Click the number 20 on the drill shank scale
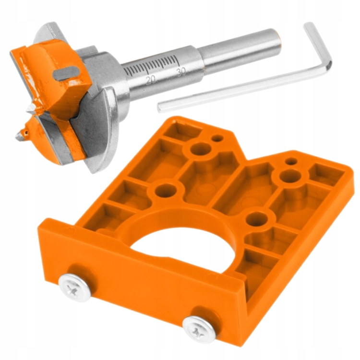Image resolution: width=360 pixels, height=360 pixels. click(x=151, y=80)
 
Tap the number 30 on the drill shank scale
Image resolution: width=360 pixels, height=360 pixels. click(x=181, y=72)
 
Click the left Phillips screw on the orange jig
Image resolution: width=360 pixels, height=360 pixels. click(x=74, y=287)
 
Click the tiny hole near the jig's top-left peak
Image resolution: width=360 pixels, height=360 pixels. click(x=217, y=138)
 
